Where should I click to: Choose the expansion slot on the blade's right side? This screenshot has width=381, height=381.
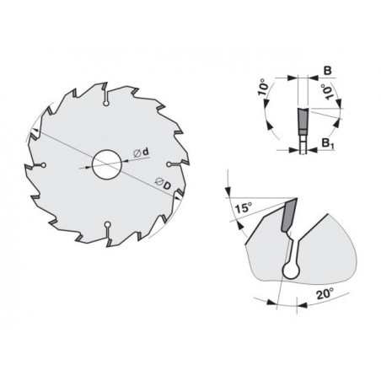coord(169,162)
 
